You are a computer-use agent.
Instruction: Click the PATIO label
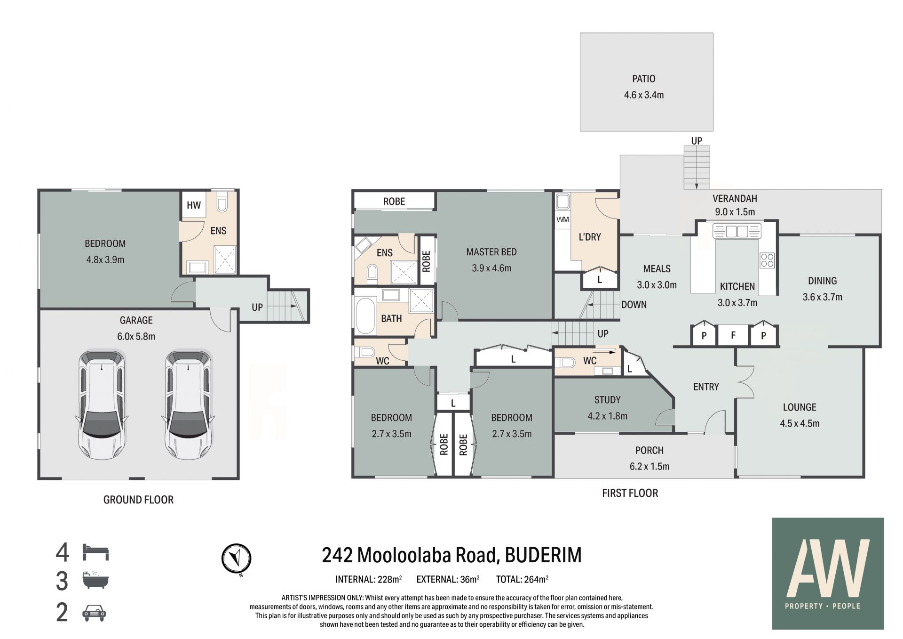[x=643, y=79]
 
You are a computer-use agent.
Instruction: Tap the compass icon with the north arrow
[x=236, y=559]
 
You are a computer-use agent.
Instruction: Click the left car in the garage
[x=102, y=405]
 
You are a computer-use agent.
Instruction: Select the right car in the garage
[x=188, y=405]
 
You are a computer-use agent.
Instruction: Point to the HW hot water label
[x=194, y=205]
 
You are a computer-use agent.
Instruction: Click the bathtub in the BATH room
[x=365, y=315]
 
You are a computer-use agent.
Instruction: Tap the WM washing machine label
[x=562, y=219]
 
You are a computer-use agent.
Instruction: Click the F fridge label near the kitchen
[x=733, y=336]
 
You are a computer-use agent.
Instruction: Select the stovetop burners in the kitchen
[x=767, y=260]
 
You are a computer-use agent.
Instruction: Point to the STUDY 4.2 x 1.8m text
[x=607, y=408]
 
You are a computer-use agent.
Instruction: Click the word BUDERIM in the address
[x=543, y=555]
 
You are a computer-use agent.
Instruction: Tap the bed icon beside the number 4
[x=95, y=552]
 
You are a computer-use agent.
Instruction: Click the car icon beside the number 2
[x=95, y=613]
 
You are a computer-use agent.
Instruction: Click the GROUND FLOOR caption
[x=138, y=500]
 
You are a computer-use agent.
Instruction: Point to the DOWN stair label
[x=634, y=305]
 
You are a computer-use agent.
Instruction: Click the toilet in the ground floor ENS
[x=222, y=202]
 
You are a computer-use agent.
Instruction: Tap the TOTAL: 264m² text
[x=522, y=580]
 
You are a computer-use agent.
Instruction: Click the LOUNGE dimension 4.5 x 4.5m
[x=800, y=423]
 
